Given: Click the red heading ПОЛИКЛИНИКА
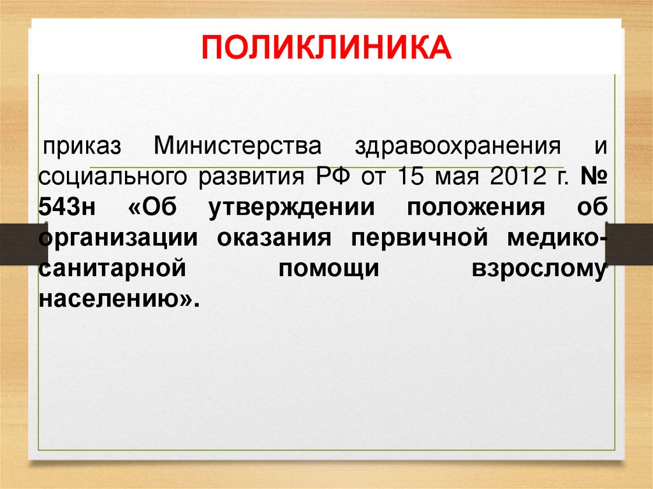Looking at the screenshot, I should coord(326,49).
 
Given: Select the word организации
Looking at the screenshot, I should coord(119,238).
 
